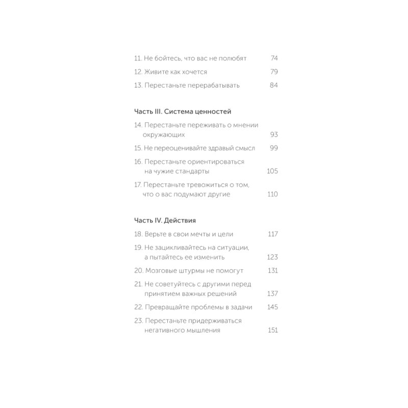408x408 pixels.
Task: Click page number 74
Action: coord(273,59)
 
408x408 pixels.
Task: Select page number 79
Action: coord(273,72)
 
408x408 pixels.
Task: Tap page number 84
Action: coord(273,85)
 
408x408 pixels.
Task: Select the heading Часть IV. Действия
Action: coord(165,221)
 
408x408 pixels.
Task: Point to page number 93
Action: coord(273,135)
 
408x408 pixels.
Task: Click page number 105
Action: coord(272,171)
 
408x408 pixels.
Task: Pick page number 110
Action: coord(272,194)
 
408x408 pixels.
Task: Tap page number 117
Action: coord(272,234)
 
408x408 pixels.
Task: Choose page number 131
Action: coord(272,270)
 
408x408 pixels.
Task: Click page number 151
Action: coord(272,330)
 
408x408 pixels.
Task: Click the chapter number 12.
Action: coord(138,72)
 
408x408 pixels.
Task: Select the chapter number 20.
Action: coord(138,270)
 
